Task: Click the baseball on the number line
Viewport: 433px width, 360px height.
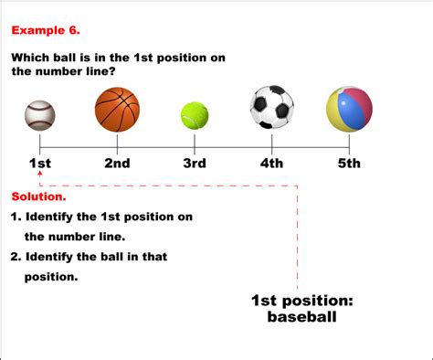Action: pos(40,114)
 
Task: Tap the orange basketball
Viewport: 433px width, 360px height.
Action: pos(117,110)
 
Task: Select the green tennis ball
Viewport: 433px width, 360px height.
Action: pos(195,115)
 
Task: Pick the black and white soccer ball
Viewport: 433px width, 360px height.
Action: pos(272,108)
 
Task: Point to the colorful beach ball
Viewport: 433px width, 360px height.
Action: pos(349,110)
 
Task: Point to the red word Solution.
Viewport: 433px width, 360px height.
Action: pos(38,197)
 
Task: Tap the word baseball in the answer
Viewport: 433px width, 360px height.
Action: pos(302,318)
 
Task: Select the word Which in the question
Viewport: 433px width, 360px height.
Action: pos(33,58)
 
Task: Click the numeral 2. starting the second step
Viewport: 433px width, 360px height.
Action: pos(16,257)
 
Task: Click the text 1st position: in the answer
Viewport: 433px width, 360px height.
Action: pos(302,301)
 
